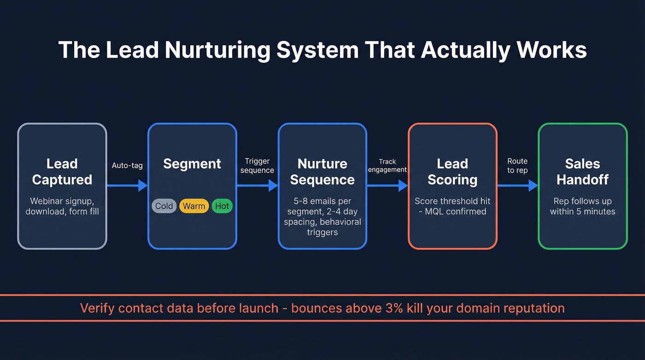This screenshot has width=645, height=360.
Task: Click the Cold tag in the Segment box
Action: [x=164, y=206]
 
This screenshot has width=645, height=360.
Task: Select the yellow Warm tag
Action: [x=194, y=206]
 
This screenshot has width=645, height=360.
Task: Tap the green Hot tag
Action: [x=222, y=206]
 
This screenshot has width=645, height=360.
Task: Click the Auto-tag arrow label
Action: [x=127, y=165]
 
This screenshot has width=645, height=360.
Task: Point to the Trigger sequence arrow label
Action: [x=258, y=165]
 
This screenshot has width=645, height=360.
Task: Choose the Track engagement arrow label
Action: [x=387, y=165]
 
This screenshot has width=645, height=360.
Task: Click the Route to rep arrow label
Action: [x=517, y=165]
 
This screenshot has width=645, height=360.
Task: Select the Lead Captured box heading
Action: [x=62, y=171]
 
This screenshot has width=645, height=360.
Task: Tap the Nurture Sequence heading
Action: [x=322, y=171]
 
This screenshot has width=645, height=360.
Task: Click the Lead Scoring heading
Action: [x=452, y=171]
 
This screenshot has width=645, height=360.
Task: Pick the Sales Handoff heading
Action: [x=582, y=171]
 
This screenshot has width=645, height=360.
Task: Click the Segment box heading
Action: [x=192, y=164]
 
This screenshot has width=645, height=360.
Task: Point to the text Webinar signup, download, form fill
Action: [x=62, y=206]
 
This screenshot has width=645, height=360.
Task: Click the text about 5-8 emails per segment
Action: [x=322, y=216]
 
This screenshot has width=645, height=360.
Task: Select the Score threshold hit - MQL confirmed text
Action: [x=452, y=206]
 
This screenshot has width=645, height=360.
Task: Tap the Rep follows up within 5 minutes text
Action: [x=582, y=206]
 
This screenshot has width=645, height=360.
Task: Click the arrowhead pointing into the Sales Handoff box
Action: [x=533, y=186]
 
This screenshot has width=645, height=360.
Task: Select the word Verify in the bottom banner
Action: [x=97, y=308]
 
